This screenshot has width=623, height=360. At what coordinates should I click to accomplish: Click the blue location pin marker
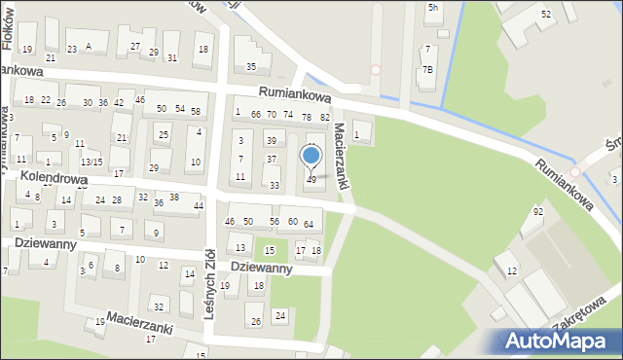click(311, 156)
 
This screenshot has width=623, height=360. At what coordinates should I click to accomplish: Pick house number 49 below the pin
click(311, 179)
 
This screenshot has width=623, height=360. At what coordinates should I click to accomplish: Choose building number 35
click(251, 66)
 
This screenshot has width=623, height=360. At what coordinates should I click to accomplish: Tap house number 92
click(537, 211)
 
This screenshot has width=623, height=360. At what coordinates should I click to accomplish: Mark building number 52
click(546, 15)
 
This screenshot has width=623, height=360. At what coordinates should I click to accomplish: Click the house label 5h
click(432, 8)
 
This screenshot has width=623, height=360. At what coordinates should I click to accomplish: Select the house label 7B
click(427, 69)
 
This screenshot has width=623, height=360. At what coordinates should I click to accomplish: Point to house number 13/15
click(91, 162)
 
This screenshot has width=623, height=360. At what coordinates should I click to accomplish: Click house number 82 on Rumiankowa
click(325, 117)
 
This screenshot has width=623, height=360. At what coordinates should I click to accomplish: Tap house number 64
click(308, 224)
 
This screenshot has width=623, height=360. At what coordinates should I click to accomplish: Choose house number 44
click(198, 205)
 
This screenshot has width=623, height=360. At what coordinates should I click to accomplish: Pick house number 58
click(195, 112)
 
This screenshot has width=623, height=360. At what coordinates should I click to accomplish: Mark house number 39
click(271, 141)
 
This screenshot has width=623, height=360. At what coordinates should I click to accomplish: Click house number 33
click(275, 185)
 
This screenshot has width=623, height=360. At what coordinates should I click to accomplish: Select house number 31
click(171, 57)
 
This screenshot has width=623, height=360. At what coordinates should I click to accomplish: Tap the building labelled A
click(89, 46)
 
